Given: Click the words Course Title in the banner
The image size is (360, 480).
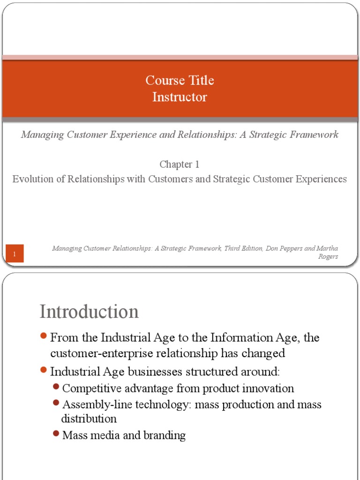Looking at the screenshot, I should [180, 81].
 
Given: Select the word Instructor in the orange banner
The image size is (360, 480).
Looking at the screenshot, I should [180, 97].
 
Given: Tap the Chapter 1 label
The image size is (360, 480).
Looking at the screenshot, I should [180, 164].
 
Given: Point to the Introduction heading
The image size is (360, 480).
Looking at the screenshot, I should [89, 312].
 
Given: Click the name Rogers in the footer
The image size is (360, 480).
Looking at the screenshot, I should [328, 257].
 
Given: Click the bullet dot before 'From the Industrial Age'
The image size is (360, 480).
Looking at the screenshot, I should [44, 336].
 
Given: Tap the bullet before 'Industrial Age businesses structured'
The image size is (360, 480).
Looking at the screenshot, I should [44, 370].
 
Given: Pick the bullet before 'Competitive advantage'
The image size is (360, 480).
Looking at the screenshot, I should [56, 387].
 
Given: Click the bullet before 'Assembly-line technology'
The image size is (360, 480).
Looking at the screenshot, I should [56, 403].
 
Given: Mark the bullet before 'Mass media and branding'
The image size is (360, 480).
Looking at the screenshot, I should [56, 434].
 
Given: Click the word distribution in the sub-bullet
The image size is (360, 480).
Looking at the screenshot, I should [89, 419].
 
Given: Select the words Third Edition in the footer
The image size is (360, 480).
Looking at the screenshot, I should [243, 248].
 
